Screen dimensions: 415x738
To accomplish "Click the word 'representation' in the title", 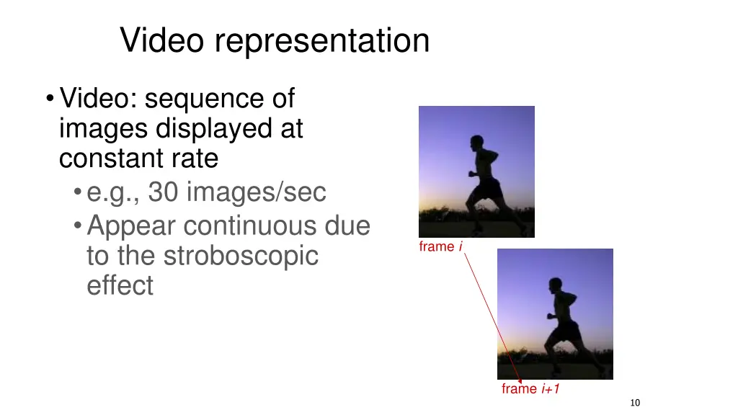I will (x=321, y=41).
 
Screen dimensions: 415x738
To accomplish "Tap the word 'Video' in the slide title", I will (x=163, y=40).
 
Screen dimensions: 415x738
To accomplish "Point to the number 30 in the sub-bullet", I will (x=162, y=192).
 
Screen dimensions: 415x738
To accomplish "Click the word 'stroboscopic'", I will (x=241, y=256).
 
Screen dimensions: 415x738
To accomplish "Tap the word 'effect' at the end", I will (x=120, y=285).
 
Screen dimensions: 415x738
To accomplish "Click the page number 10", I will (x=635, y=403).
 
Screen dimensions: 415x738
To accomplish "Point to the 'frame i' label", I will (x=440, y=247).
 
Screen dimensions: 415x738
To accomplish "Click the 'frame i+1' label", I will (x=530, y=389).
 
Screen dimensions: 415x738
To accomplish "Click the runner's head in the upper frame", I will (x=476, y=142).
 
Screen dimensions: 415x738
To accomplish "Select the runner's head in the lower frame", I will (x=555, y=285).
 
